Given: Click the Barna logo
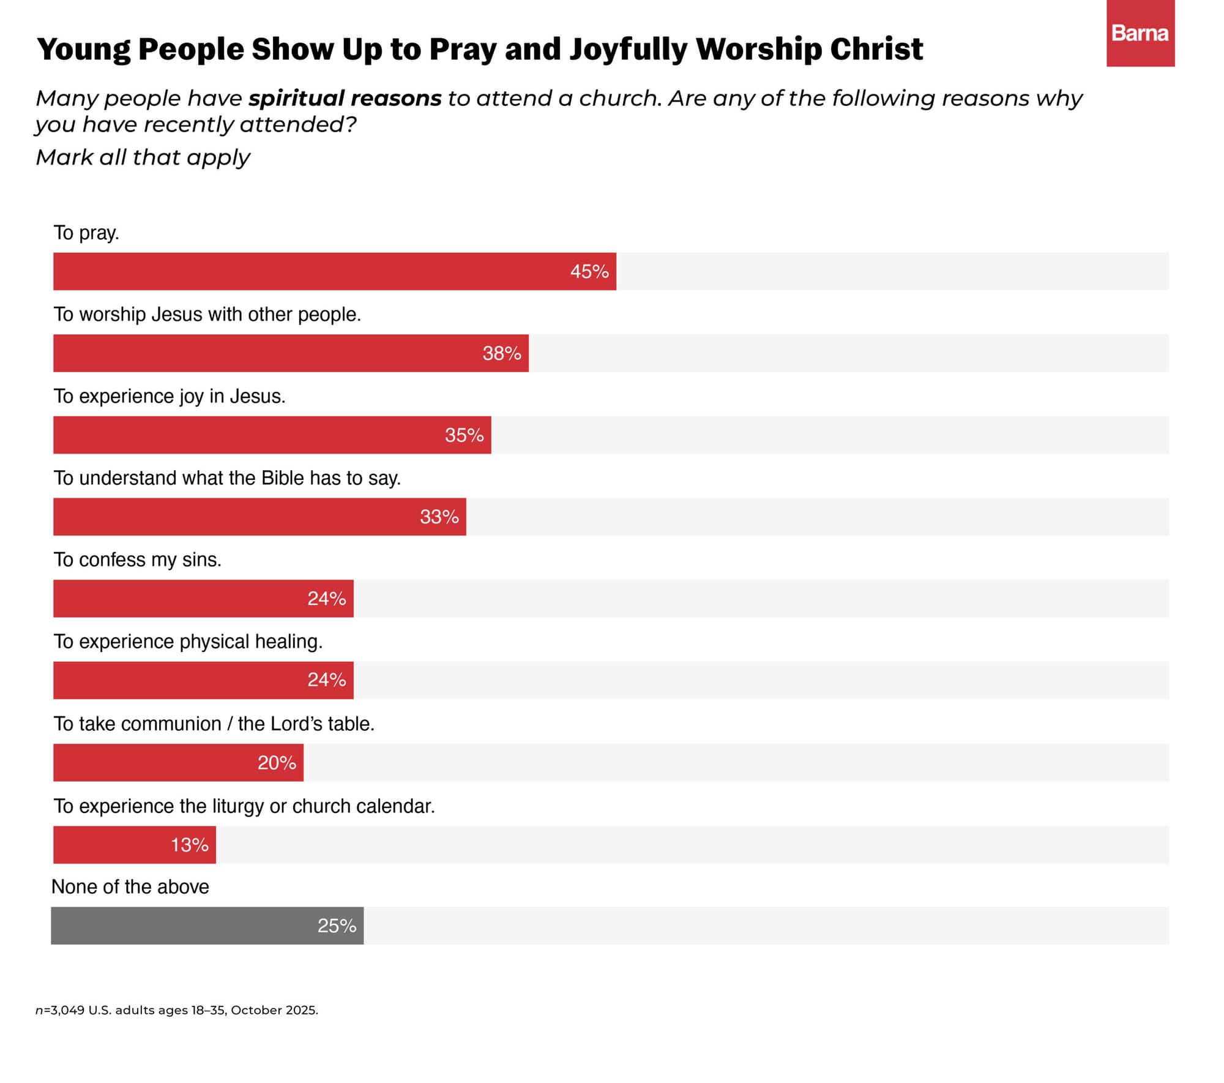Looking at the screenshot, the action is (1140, 33).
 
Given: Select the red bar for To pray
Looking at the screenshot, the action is (335, 271).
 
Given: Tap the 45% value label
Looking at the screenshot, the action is (589, 271).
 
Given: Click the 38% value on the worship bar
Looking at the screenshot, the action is (502, 353).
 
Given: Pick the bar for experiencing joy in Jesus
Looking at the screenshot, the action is (272, 435).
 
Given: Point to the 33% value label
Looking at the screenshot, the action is (439, 517).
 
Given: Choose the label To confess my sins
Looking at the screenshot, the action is (138, 560).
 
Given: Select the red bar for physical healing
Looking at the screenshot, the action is (203, 680).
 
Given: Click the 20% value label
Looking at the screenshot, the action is (277, 763).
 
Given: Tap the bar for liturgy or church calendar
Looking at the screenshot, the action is (135, 845).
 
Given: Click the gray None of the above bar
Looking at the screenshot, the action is (207, 926).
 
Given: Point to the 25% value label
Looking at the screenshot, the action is (337, 926).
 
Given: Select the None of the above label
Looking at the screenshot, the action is (130, 886).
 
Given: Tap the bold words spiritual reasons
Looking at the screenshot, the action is (345, 99).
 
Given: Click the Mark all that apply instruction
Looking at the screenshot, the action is (143, 157).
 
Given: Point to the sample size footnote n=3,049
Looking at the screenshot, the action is (177, 1010).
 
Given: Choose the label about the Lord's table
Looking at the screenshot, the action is (214, 724).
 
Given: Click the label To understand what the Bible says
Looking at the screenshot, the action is (227, 478).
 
